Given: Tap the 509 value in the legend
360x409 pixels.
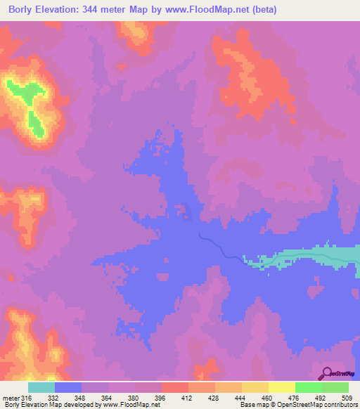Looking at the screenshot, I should tap(347, 398).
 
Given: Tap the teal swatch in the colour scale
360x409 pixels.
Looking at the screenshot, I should tap(41, 387).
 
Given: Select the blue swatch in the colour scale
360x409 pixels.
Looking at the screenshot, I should tap(68, 387).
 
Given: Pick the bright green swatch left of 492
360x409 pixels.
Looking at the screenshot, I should tap(308, 387).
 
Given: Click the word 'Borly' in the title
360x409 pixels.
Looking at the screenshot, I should tap(23, 10).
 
